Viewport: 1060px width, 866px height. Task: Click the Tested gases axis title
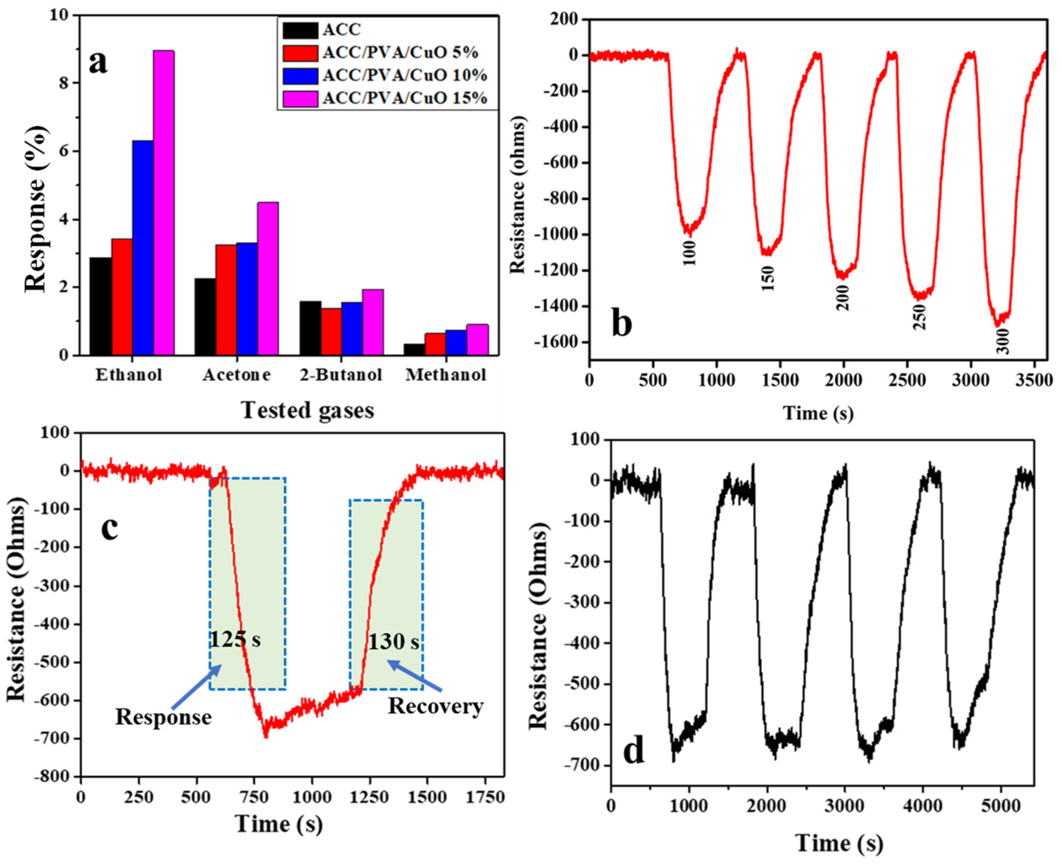[308, 410]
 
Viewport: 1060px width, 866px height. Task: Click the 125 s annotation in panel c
[234, 640]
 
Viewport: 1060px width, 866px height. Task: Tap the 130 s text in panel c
[393, 642]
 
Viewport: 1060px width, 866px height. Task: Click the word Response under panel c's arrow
[164, 717]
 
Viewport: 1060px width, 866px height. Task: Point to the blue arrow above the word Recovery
[415, 676]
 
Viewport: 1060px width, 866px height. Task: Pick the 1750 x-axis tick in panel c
[486, 797]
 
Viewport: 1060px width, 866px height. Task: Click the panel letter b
[621, 323]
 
